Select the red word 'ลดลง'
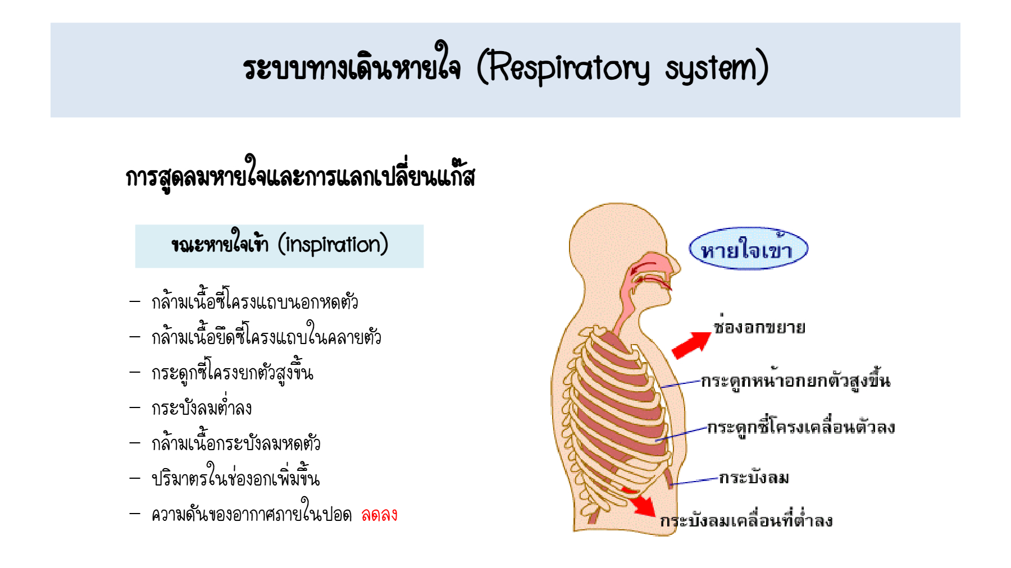pos(379,514)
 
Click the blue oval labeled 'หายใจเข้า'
pos(748,248)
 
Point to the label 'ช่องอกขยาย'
pos(759,326)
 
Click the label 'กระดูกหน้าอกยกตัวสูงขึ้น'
pos(795,380)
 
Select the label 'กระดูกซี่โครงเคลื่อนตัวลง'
pos(801,427)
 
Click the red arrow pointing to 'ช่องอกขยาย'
pos(692,345)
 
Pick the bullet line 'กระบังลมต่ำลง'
pos(202,407)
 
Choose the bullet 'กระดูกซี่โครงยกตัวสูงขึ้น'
pos(232,372)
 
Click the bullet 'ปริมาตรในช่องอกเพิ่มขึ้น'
pos(235,477)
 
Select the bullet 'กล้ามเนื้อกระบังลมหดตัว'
pos(236,442)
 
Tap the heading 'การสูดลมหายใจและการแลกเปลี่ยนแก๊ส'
pos(300,176)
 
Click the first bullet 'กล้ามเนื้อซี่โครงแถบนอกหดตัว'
pos(254,301)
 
